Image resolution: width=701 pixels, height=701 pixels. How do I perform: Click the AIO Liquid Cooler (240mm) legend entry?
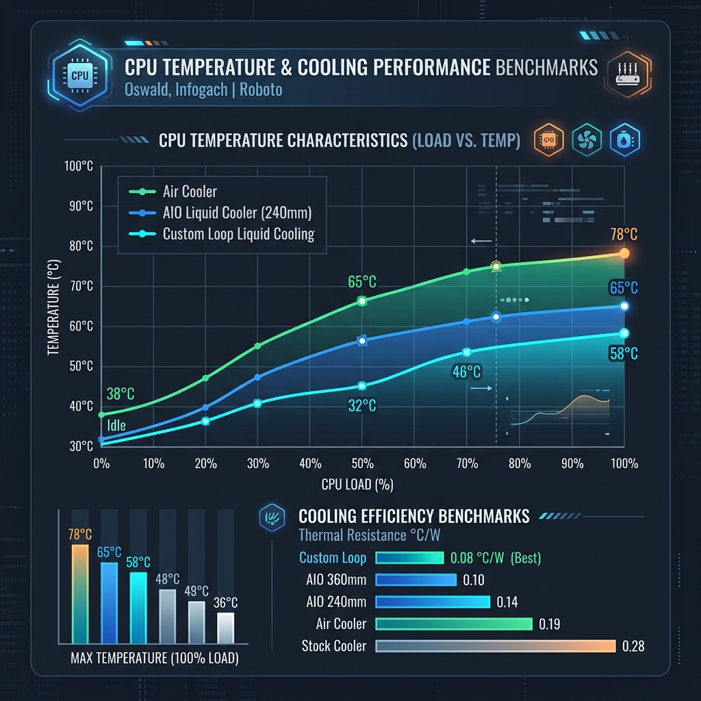point(237,213)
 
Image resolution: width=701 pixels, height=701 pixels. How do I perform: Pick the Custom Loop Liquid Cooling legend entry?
point(238,234)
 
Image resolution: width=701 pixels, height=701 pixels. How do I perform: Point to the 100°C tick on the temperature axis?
point(78,166)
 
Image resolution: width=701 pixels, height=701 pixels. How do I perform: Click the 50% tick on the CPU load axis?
point(362,463)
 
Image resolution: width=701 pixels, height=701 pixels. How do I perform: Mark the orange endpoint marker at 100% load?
point(624,253)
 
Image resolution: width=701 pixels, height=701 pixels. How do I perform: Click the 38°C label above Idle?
point(120,394)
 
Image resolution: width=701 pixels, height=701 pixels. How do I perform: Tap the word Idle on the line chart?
point(116,425)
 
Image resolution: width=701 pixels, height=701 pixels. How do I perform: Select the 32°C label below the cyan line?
point(361,406)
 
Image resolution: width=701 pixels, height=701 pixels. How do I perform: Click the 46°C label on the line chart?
point(466,372)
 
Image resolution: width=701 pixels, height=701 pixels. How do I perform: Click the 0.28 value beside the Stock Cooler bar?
point(633,646)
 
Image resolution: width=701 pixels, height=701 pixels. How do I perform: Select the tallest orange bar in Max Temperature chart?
point(80,593)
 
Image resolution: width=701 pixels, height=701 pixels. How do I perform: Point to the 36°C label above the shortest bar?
point(225,603)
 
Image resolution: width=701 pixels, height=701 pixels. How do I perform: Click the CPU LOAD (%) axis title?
point(357,485)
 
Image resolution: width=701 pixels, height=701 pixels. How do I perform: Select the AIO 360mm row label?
point(336,580)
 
